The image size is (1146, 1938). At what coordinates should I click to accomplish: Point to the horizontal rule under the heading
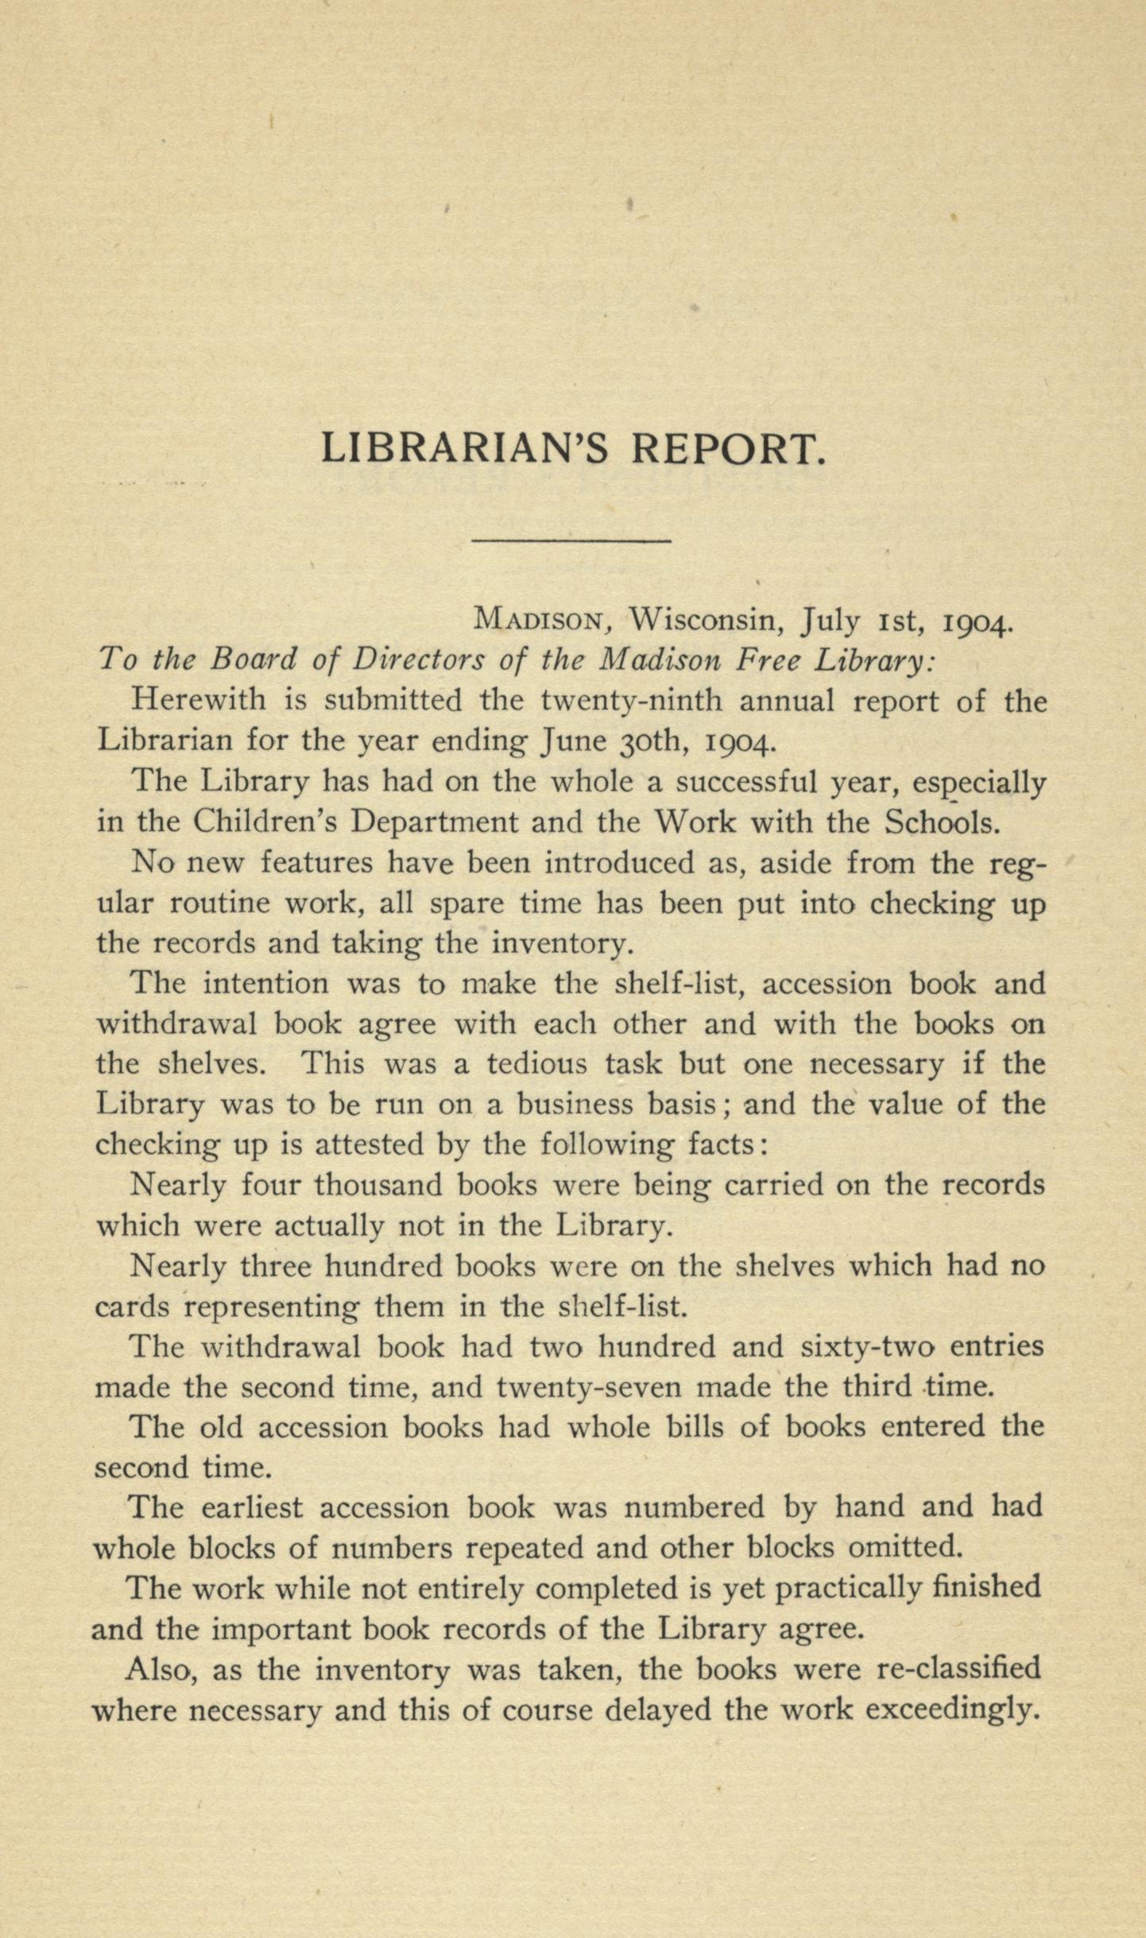(571, 542)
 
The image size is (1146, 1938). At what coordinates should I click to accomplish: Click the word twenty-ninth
(631, 702)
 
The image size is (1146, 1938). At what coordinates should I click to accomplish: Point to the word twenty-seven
(589, 1387)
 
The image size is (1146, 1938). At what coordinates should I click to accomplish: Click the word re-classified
(958, 1668)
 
